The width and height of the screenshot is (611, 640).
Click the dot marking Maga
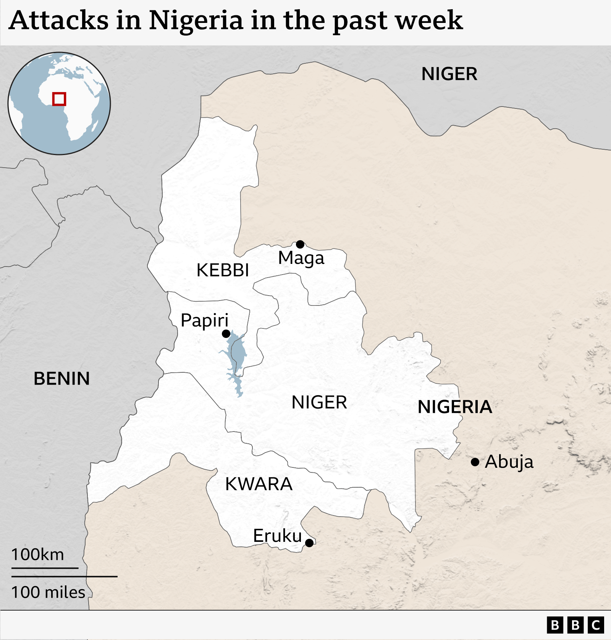(x=300, y=244)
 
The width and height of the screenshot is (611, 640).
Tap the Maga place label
(x=301, y=259)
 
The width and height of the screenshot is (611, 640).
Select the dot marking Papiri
(x=226, y=334)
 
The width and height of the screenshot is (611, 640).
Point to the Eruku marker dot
(x=309, y=543)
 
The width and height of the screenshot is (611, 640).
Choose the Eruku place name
(x=277, y=536)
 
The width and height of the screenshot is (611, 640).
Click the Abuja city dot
(x=475, y=462)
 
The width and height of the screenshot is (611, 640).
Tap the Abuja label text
(x=509, y=462)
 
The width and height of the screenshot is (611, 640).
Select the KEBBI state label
(x=223, y=270)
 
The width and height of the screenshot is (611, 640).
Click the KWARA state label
(x=259, y=484)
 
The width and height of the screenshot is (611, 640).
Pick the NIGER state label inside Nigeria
(x=319, y=402)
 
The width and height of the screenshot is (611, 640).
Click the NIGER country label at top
(x=449, y=74)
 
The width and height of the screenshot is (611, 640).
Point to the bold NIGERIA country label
(x=455, y=407)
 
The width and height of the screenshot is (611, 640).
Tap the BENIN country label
(x=62, y=379)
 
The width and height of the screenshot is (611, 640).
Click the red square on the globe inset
(x=59, y=99)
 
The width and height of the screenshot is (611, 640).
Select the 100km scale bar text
(x=37, y=554)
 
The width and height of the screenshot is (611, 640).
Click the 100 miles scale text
(x=48, y=592)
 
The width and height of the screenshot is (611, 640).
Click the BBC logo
(x=575, y=625)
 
